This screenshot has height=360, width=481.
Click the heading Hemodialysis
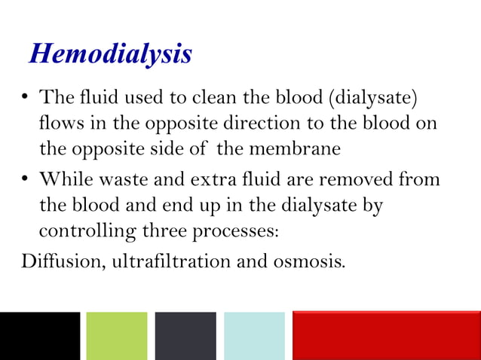click(110, 54)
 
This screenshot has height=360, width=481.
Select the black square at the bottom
click(39, 336)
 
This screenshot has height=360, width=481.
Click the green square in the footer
click(117, 336)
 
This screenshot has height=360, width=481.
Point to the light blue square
click(254, 336)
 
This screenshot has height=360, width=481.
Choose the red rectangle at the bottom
click(386, 336)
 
